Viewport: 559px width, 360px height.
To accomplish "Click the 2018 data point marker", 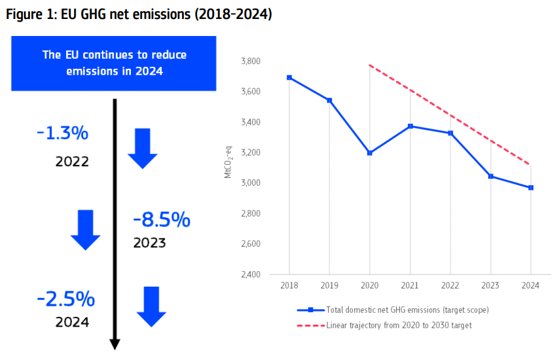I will [x=289, y=78].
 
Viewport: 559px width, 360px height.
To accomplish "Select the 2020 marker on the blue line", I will [x=370, y=153].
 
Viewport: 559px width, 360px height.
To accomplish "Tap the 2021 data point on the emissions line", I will [x=410, y=126].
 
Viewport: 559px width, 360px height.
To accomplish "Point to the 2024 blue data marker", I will [x=531, y=188].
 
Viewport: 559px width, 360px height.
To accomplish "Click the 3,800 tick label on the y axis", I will [x=251, y=62].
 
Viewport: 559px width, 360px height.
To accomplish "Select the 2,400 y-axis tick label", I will [x=251, y=274].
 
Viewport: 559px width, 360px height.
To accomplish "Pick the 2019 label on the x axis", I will [x=329, y=286].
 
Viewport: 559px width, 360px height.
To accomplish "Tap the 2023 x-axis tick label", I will [x=490, y=286].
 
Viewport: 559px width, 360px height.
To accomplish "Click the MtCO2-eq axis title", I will [x=228, y=167].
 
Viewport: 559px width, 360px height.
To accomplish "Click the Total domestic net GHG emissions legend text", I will [x=406, y=310].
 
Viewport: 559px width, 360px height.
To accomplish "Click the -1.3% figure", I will [x=63, y=134].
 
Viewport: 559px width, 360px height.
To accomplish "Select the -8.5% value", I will [x=162, y=220].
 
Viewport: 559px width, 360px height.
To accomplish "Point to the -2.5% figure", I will [x=66, y=300].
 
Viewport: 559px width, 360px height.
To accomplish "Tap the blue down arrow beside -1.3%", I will [x=142, y=149].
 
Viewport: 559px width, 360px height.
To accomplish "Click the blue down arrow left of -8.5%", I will [x=86, y=230].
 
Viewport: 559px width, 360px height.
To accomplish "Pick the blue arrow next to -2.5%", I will [x=151, y=306].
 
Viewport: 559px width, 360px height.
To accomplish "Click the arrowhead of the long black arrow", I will [x=115, y=344].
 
